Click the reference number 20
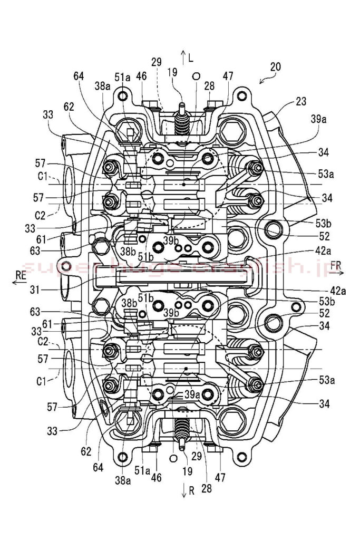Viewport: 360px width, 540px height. coord(275,67)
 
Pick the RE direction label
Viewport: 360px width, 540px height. coord(21,275)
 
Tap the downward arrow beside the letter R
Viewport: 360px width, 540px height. coord(183,490)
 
